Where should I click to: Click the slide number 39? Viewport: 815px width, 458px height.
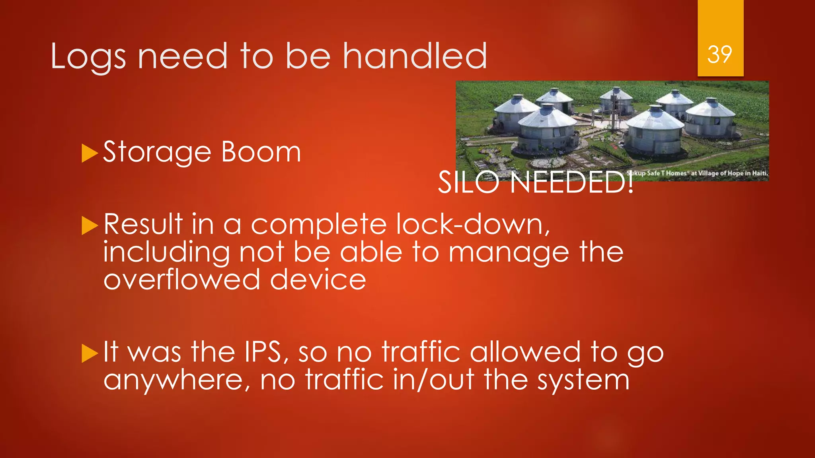tap(719, 54)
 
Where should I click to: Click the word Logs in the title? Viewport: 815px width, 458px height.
tap(88, 57)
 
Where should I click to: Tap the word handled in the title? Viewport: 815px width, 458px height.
tap(415, 56)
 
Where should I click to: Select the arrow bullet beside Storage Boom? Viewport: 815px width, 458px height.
tap(90, 153)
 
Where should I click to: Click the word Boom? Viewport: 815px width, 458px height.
tap(261, 152)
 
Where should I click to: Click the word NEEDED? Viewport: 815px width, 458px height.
tap(572, 182)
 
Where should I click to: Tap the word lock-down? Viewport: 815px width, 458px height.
tap(473, 225)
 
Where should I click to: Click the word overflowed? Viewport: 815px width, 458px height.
tap(182, 279)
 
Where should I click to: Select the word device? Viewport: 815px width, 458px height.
tap(318, 279)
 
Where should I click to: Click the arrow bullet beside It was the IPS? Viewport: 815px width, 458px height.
tap(90, 353)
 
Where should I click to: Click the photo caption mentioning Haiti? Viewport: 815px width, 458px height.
tap(697, 173)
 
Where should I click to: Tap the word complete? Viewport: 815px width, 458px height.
tap(319, 225)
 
